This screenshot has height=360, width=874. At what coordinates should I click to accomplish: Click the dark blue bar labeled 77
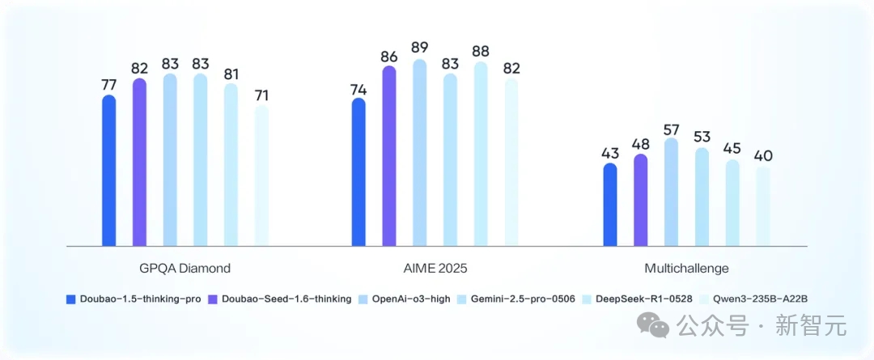(109, 171)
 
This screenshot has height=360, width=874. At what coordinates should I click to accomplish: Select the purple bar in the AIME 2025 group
(389, 156)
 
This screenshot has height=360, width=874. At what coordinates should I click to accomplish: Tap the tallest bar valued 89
(420, 153)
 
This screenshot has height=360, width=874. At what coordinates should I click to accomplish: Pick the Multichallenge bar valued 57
(671, 193)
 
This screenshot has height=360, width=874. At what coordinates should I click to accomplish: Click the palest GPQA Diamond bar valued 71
(261, 176)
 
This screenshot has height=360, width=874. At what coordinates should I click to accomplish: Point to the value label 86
(389, 57)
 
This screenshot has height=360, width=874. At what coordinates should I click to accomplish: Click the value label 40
(763, 156)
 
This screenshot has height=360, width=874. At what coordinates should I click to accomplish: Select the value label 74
(359, 89)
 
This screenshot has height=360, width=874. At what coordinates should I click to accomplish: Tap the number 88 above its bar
(481, 51)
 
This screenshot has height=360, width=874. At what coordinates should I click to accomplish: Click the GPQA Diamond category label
(185, 269)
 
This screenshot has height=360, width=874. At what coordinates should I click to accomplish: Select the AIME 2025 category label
(435, 269)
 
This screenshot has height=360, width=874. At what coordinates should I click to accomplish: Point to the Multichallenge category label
(687, 269)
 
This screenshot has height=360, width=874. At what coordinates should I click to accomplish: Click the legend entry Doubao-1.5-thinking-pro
(134, 299)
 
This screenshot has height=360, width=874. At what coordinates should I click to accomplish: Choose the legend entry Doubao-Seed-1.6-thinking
(280, 299)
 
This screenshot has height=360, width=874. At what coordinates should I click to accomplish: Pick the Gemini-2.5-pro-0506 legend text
(522, 299)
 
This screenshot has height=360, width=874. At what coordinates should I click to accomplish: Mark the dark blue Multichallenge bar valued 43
(610, 205)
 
